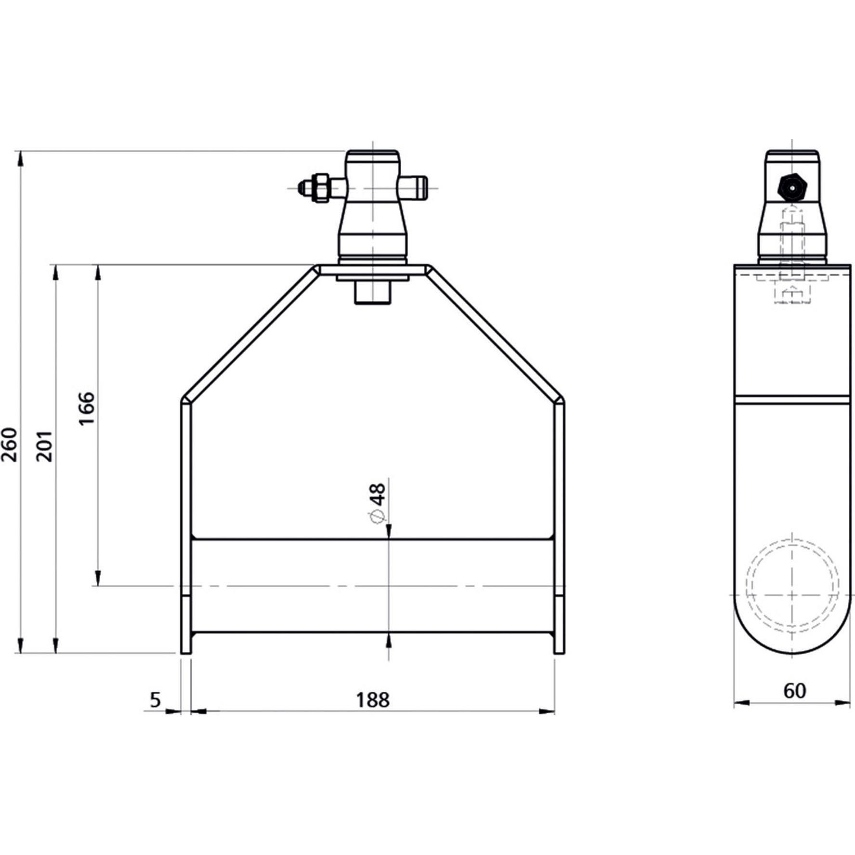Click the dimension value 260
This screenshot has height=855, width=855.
[x=10, y=444]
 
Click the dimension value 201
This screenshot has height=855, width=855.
[x=45, y=446]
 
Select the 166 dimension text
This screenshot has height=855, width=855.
[x=87, y=408]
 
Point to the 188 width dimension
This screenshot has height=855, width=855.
[x=372, y=700]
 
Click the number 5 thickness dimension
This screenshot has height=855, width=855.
[x=155, y=700]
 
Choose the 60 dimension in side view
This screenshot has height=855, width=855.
[x=794, y=691]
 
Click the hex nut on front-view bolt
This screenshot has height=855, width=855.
[x=319, y=188]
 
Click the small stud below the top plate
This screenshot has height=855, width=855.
[x=372, y=292]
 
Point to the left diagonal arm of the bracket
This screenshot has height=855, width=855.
[x=250, y=332]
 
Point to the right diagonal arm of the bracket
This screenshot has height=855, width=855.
[x=496, y=332]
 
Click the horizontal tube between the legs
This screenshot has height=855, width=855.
[x=372, y=586]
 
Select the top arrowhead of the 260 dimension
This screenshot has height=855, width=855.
[x=20, y=159]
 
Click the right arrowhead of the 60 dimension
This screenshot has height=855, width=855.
[x=843, y=703]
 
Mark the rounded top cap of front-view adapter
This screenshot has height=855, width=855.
[x=372, y=158]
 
